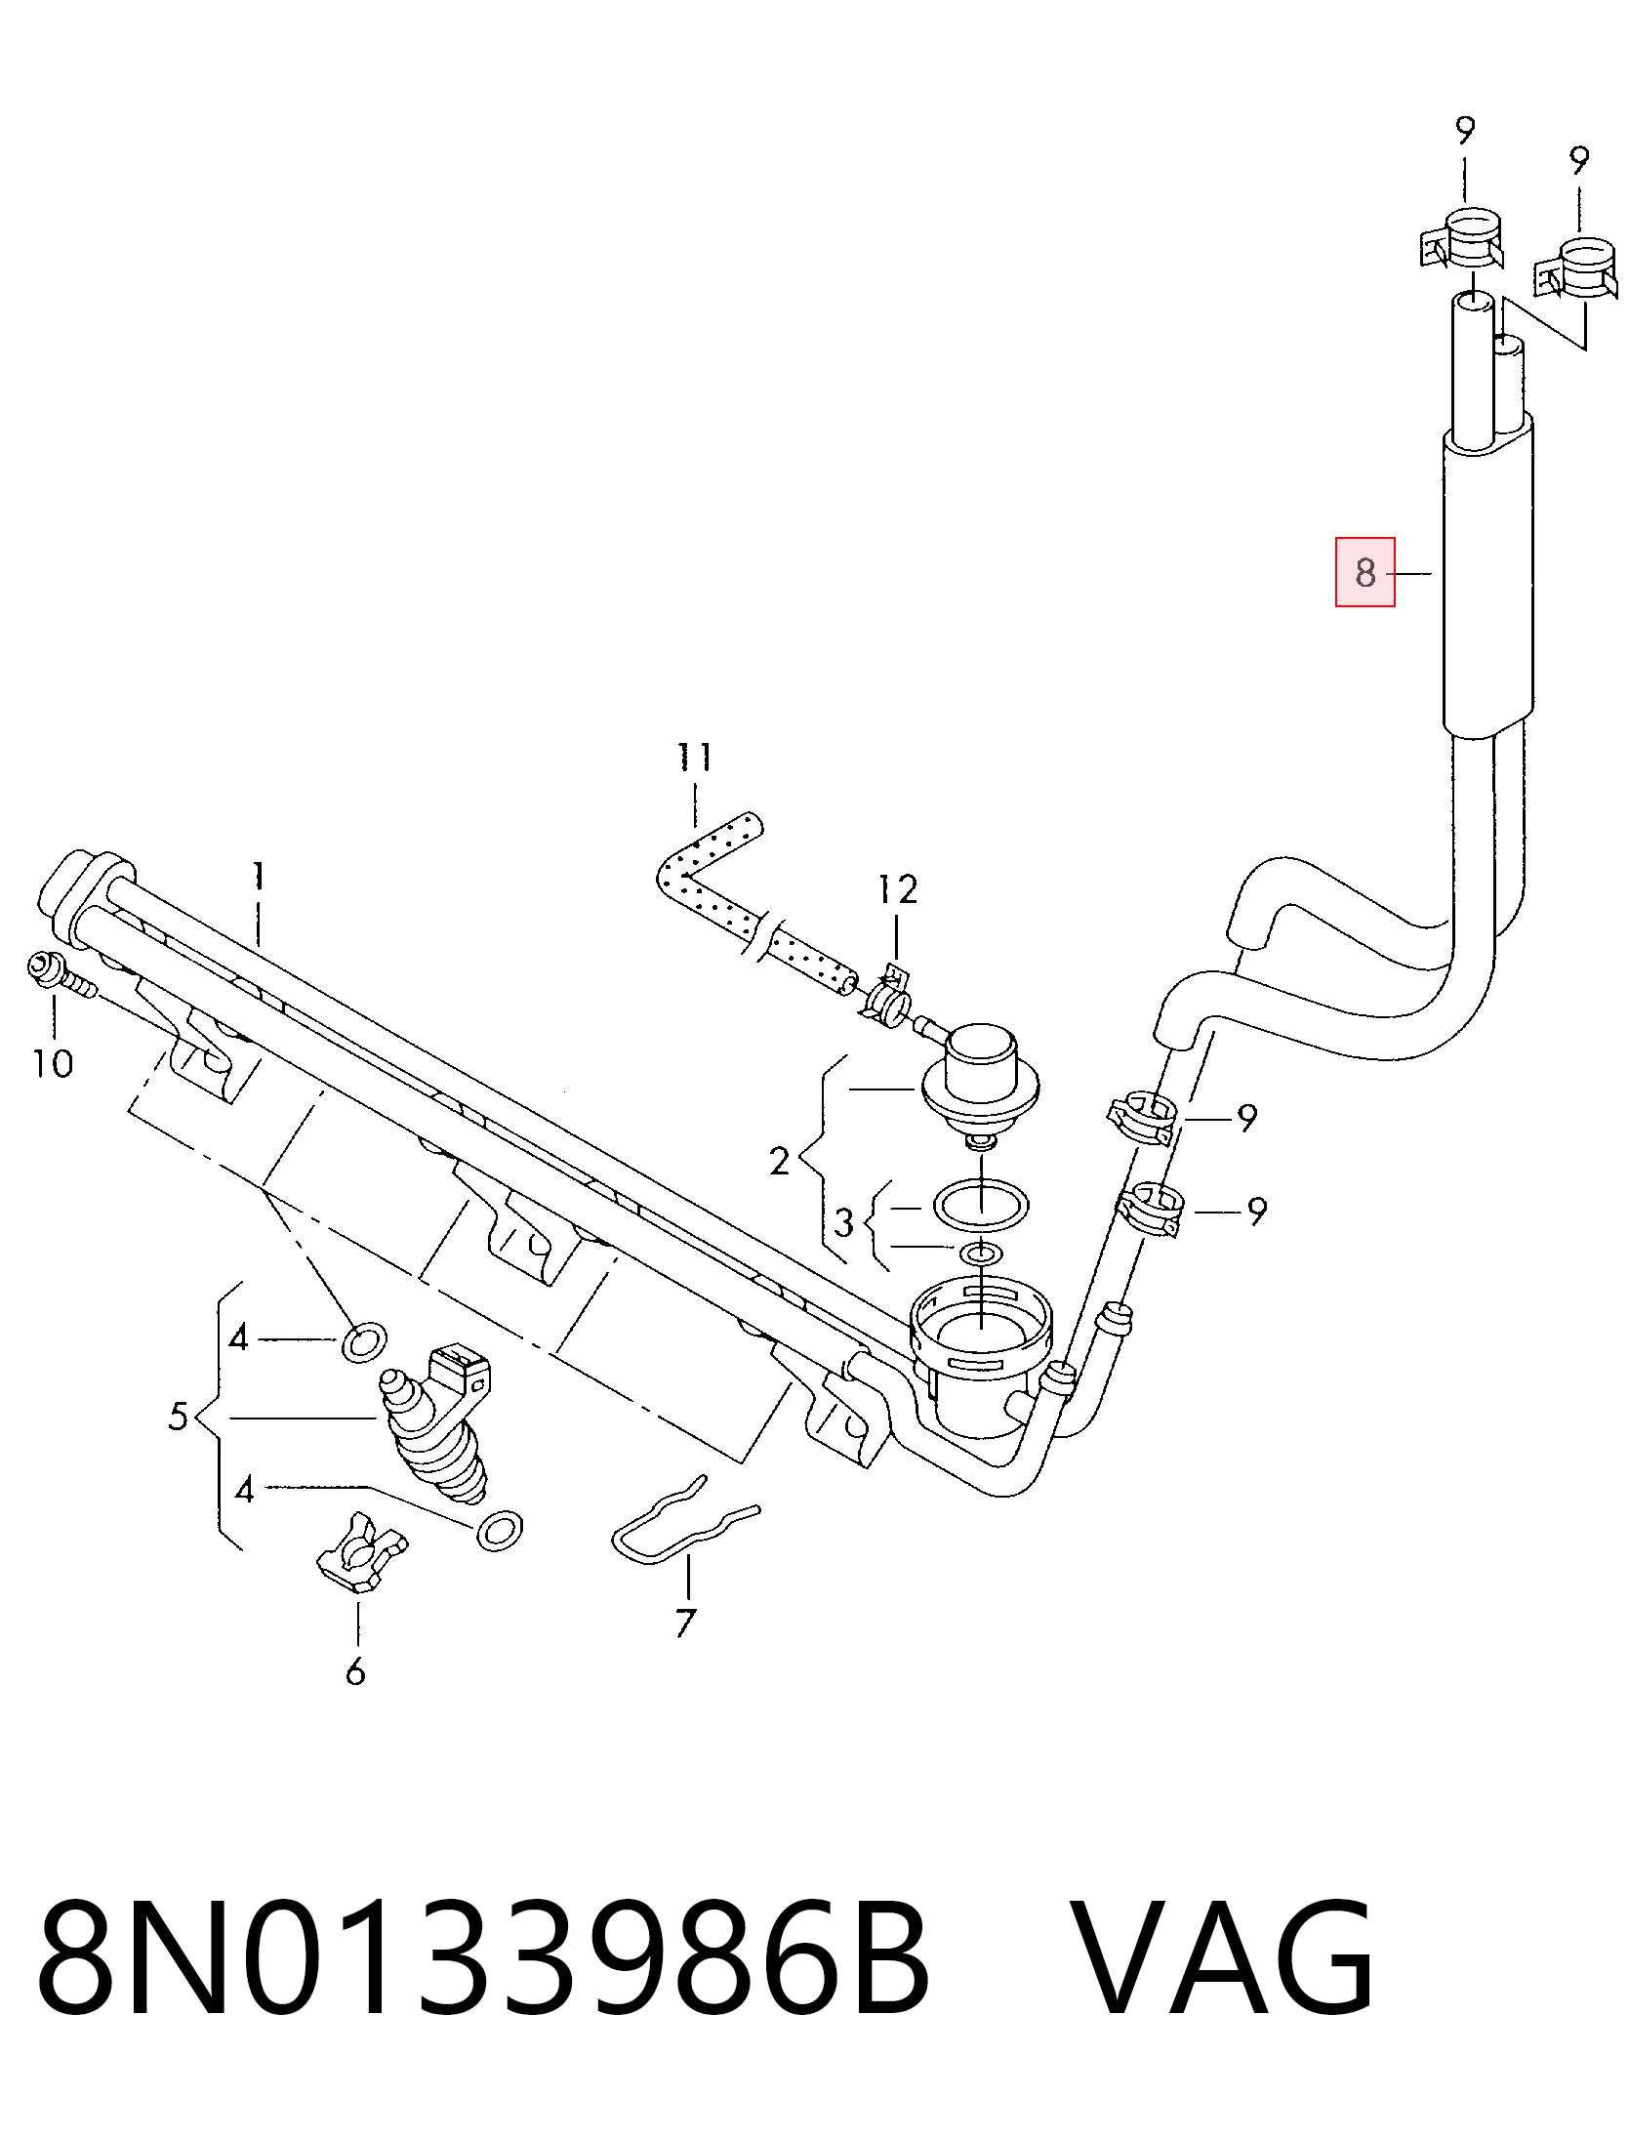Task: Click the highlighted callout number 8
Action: click(1364, 572)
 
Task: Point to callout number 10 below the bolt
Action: click(53, 1062)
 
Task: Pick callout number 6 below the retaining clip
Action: click(355, 1671)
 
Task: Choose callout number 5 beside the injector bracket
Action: click(178, 1416)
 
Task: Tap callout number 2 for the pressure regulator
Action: click(779, 1162)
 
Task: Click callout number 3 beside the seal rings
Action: click(843, 1222)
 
